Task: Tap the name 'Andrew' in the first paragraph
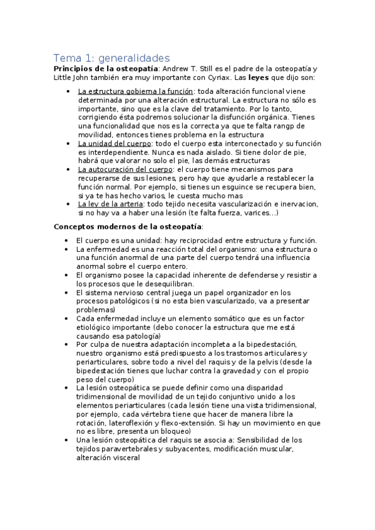177,69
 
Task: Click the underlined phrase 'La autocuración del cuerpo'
125,169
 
